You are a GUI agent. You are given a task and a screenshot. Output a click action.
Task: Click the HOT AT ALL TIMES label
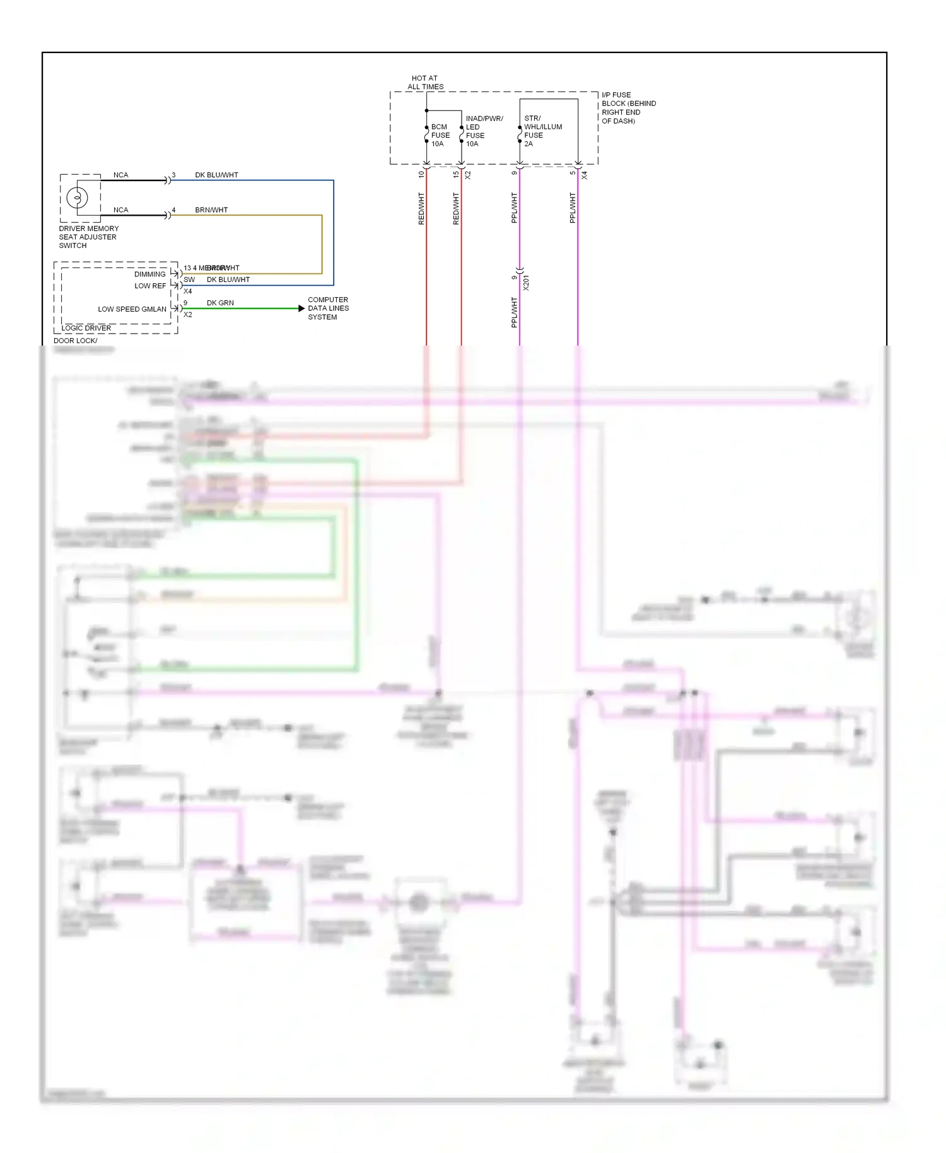[425, 83]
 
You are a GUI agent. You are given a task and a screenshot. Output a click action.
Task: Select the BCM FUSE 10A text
[440, 135]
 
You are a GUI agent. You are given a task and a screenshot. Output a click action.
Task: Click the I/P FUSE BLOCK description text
[628, 108]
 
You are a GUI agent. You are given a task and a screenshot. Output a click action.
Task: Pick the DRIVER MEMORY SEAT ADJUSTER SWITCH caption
[88, 237]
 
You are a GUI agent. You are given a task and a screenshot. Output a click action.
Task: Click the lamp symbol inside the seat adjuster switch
[78, 198]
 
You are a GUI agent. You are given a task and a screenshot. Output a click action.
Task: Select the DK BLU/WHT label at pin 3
[216, 175]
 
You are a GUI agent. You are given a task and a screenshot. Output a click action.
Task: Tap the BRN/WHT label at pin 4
[211, 209]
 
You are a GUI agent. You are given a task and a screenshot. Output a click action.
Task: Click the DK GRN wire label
[220, 303]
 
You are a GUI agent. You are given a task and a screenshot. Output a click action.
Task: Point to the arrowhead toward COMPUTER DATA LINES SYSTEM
[301, 308]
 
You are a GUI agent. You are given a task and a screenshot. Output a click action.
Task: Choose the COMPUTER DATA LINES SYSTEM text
[328, 308]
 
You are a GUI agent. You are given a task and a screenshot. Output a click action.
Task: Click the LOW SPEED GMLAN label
[132, 309]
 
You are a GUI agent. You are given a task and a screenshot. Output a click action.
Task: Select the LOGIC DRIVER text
[86, 328]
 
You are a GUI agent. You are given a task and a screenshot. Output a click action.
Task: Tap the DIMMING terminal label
[149, 274]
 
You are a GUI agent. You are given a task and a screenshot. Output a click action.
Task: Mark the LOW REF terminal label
[150, 286]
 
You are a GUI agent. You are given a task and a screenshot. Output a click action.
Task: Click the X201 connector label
[526, 282]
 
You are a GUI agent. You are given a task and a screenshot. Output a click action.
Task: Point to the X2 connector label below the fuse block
[468, 175]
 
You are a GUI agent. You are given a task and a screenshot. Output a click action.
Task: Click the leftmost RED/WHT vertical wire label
[421, 209]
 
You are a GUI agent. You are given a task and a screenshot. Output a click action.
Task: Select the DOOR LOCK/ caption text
[75, 341]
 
